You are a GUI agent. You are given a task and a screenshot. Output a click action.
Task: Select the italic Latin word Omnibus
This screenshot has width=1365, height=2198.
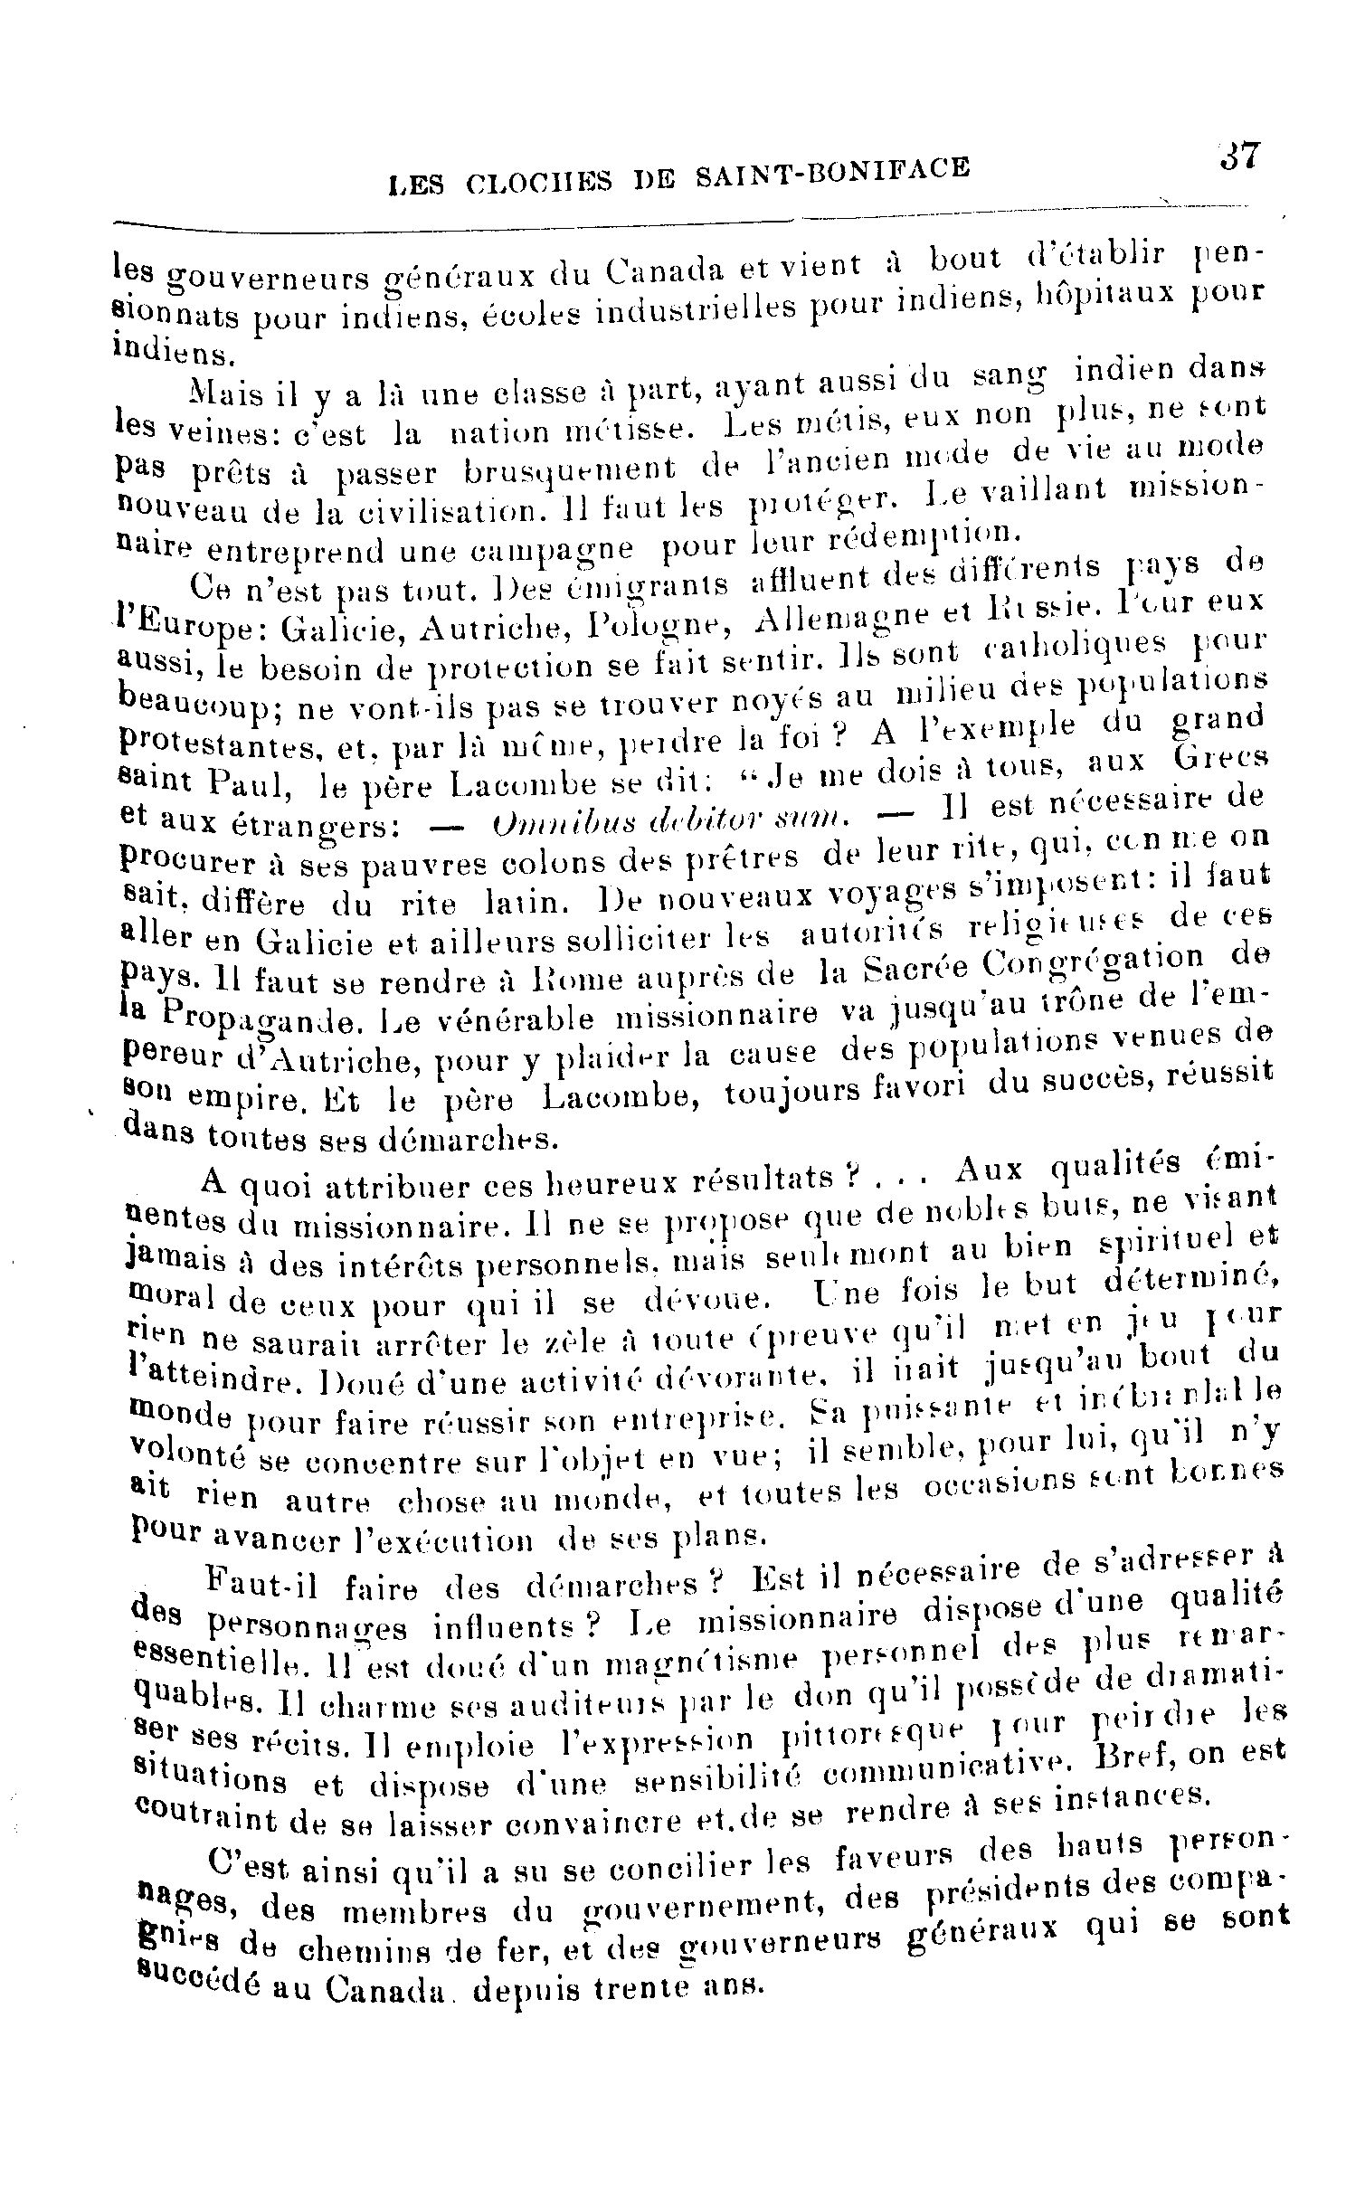point(554,824)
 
